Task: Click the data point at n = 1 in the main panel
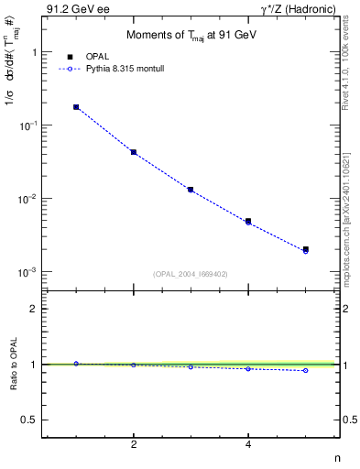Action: pyautogui.click(x=76, y=107)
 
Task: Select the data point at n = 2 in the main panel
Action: pyautogui.click(x=134, y=152)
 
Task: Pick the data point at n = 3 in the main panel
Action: pyautogui.click(x=191, y=190)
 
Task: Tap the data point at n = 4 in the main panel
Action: pyautogui.click(x=248, y=222)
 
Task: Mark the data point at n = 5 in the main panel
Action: pyautogui.click(x=306, y=249)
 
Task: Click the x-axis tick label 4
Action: pyautogui.click(x=248, y=444)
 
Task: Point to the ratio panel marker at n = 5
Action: pyautogui.click(x=306, y=370)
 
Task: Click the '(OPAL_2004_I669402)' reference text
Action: pyautogui.click(x=191, y=273)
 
